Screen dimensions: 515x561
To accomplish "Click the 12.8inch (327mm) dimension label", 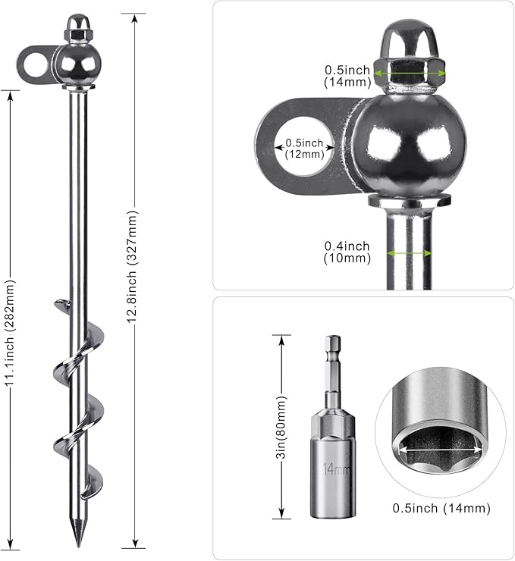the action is [132, 266].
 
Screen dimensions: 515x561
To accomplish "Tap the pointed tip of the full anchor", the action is [78, 547].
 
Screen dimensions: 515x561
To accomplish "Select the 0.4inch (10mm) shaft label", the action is [347, 252].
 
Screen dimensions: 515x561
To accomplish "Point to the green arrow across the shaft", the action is [409, 253].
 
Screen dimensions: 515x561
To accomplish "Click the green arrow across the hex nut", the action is [410, 74].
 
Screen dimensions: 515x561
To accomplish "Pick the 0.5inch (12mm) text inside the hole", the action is [305, 149].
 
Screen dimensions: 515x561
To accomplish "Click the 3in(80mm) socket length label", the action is [282, 427].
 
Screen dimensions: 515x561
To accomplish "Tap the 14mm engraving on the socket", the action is [335, 469].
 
